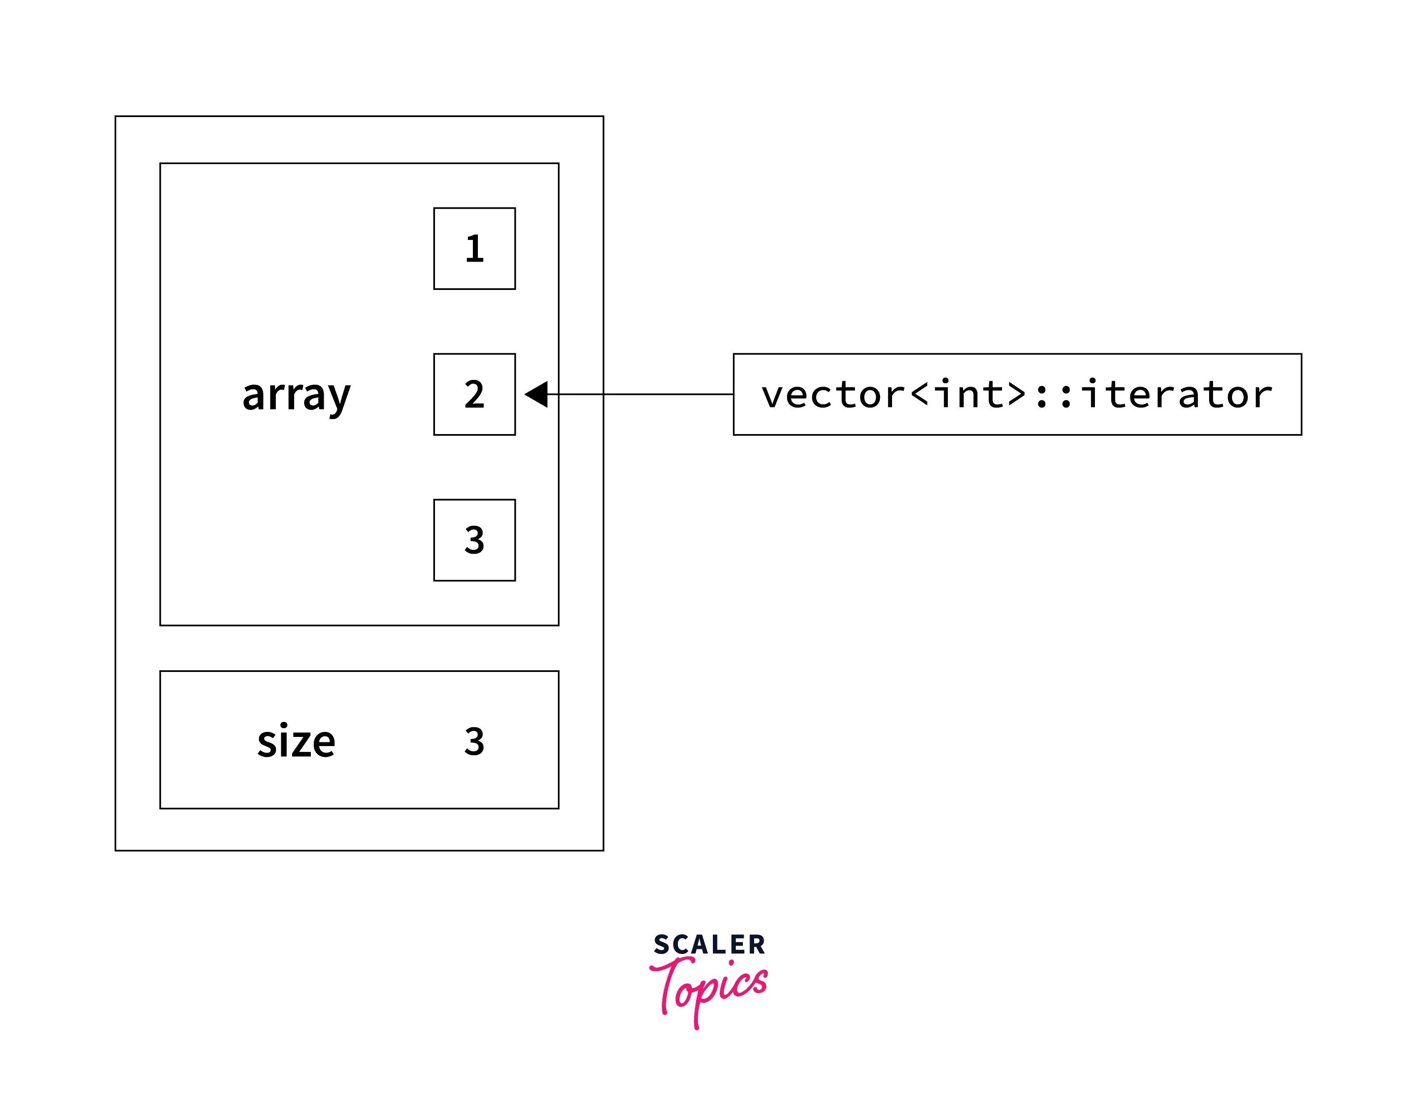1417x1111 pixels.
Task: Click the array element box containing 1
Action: [x=474, y=248]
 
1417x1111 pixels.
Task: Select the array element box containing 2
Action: [x=474, y=394]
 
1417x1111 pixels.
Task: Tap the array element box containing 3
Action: [x=474, y=540]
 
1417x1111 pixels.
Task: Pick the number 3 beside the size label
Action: [x=474, y=741]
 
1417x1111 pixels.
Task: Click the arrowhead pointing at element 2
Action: [x=537, y=394]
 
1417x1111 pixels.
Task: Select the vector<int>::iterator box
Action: [x=1017, y=394]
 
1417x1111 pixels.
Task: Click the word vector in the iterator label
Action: [x=833, y=394]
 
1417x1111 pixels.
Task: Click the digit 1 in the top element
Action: [x=474, y=248]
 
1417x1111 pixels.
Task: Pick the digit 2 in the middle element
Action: [x=474, y=394]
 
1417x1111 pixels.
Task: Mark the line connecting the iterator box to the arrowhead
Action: [x=641, y=394]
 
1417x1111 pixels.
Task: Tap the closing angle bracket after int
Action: [x=1016, y=394]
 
